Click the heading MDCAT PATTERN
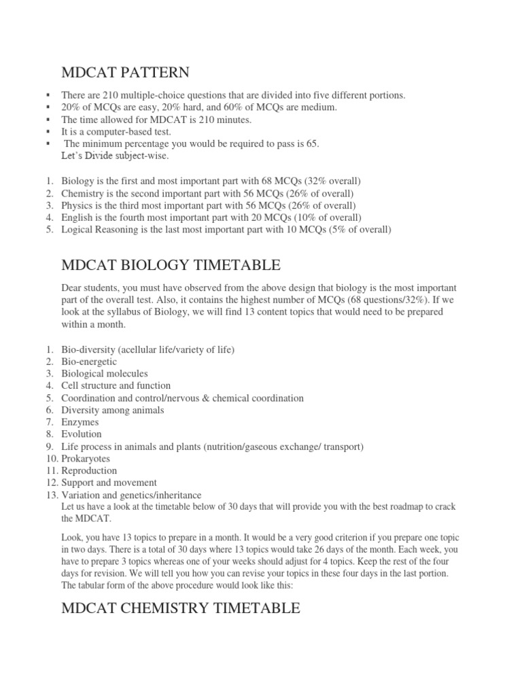pyautogui.click(x=126, y=72)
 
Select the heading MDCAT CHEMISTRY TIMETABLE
pyautogui.click(x=180, y=608)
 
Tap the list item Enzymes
pyautogui.click(x=80, y=422)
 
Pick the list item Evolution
pyautogui.click(x=82, y=434)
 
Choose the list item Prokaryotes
pyautogui.click(x=86, y=459)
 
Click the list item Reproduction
pyautogui.click(x=89, y=471)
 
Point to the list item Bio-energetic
pyautogui.click(x=89, y=362)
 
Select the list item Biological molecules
pyautogui.click(x=104, y=374)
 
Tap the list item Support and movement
pyautogui.click(x=109, y=483)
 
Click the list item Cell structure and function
pyautogui.click(x=116, y=386)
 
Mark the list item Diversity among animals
pyautogui.click(x=112, y=411)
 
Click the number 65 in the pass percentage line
pyautogui.click(x=312, y=144)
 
